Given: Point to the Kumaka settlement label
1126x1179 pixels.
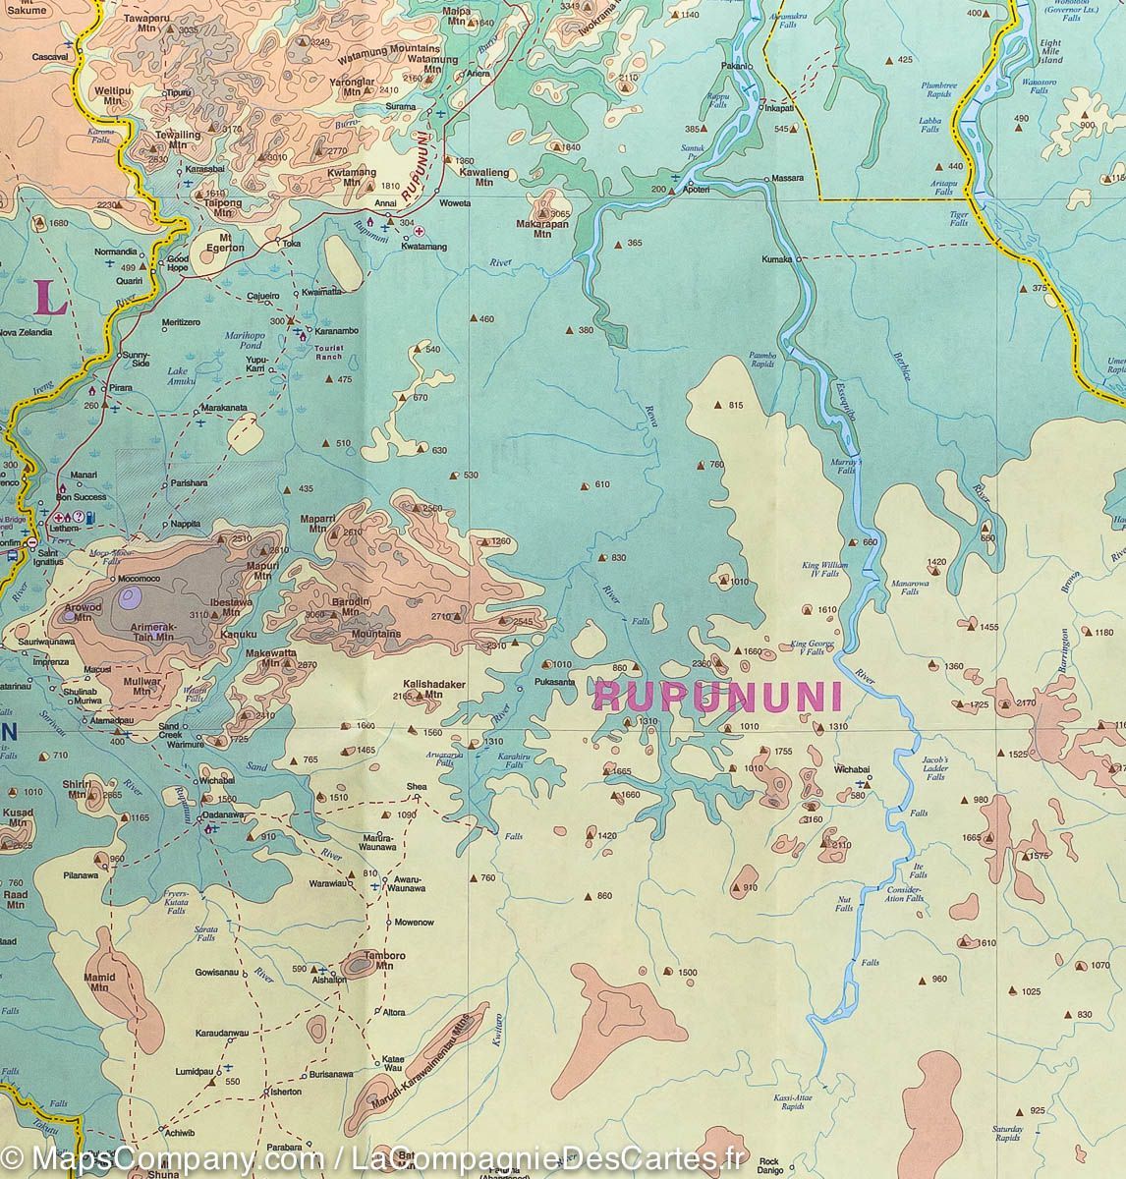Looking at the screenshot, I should pyautogui.click(x=775, y=259).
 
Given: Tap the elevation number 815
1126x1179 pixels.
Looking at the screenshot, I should pyautogui.click(x=736, y=406).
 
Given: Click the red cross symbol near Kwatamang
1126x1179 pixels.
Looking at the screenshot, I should pyautogui.click(x=421, y=231).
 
